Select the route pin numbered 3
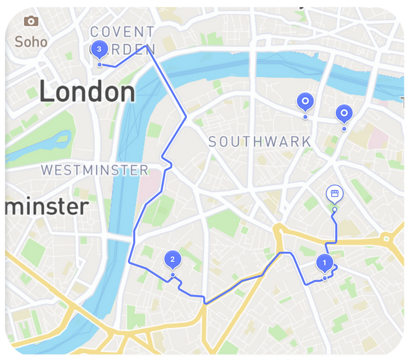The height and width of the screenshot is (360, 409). [100, 50]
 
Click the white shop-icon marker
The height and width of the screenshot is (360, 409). [334, 194]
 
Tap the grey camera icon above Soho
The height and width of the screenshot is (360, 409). [31, 22]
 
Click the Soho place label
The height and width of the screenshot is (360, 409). [31, 41]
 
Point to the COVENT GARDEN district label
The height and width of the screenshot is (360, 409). [123, 40]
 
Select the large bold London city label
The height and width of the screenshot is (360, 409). [87, 92]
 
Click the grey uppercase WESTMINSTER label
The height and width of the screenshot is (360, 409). [95, 171]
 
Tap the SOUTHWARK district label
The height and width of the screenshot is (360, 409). [259, 141]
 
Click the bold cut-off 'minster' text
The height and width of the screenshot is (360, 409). [46, 206]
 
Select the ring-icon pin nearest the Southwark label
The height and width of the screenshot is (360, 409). [305, 102]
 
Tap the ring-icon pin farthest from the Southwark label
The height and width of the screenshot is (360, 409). [344, 113]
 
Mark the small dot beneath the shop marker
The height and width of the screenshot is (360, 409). [334, 209]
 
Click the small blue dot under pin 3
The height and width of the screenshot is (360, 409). [100, 64]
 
